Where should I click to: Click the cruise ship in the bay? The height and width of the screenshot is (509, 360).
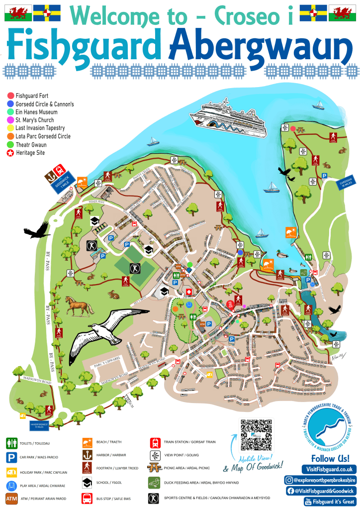click(228, 120)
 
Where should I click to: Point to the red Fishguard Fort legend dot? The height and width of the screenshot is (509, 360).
click(10, 95)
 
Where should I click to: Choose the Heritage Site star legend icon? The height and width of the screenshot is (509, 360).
click(10, 153)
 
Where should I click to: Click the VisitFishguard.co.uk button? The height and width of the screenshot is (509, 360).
click(329, 469)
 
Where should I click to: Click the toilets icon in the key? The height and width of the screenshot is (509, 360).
click(11, 442)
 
